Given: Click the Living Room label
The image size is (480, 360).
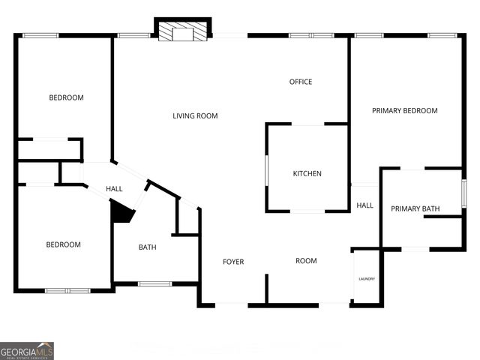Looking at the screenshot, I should tap(195, 115).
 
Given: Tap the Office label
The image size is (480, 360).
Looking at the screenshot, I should tap(301, 82).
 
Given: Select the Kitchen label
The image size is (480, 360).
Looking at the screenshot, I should tap(307, 174).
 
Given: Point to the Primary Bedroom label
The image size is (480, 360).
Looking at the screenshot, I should tap(405, 111).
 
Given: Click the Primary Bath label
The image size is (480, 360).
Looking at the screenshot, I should tap(415, 208).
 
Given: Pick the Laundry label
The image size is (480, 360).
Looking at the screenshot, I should tap(367, 279).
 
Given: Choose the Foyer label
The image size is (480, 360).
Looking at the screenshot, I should tap(233, 262).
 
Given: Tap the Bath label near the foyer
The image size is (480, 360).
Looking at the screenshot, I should tap(147, 247).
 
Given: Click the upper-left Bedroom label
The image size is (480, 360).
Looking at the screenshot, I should tap(66, 97).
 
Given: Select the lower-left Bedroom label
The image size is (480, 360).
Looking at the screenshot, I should tap(63, 244).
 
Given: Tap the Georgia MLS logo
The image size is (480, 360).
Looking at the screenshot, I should tap(27, 351).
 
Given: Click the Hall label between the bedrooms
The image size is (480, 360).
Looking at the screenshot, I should tap(114, 189).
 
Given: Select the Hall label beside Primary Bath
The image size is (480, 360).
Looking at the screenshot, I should tap(365, 205).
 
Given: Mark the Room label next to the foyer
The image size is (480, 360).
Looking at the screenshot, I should tap(306, 261).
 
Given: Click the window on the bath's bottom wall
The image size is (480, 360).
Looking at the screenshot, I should tap(155, 283).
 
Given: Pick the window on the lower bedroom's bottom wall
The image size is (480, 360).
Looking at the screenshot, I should tap(67, 290).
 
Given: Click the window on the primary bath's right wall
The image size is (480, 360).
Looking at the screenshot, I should tap(465, 193).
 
